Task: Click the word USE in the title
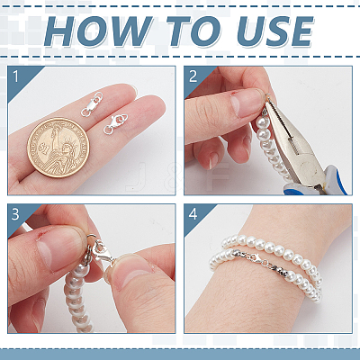tap(274, 31)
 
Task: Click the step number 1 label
tap(16, 76)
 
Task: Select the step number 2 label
tap(193, 76)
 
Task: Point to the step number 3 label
tap(15, 214)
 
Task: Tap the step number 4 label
tap(193, 214)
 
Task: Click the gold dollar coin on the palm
tap(58, 148)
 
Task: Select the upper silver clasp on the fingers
tap(92, 104)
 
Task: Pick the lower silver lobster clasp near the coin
tap(116, 124)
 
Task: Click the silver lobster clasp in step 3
tap(101, 252)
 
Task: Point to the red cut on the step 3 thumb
tap(38, 236)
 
